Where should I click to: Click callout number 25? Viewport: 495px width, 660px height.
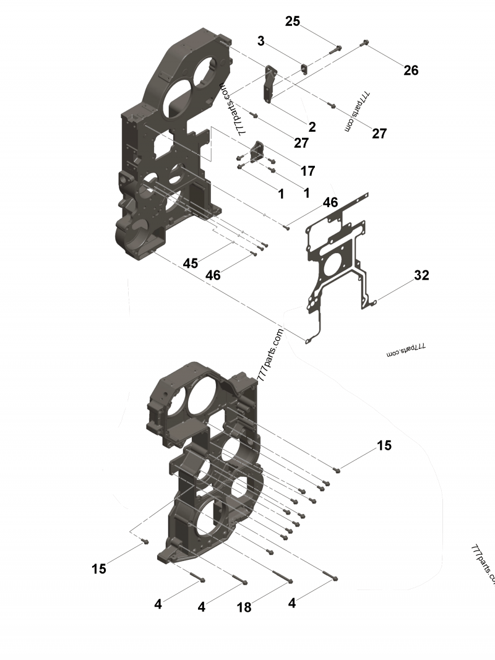pos(292,21)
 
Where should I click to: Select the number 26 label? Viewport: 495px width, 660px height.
pos(411,71)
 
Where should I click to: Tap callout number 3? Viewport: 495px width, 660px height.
pos(261,41)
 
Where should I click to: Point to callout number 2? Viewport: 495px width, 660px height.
pos(312,127)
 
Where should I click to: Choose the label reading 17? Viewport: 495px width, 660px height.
pos(308,170)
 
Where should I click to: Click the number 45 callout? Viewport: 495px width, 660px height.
pos(191,263)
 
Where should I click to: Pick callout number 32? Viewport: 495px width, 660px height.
pos(421,275)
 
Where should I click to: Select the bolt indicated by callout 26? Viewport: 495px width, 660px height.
pos(364,43)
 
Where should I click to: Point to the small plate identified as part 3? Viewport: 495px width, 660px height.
pos(304,69)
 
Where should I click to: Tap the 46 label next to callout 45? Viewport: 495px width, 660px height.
pos(213,275)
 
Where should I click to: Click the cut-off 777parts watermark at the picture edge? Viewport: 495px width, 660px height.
pos(483,563)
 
